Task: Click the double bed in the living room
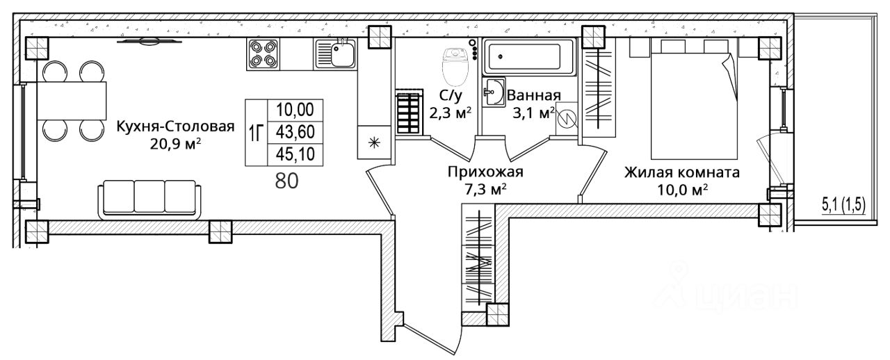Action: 693,101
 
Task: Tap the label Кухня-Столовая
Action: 176,126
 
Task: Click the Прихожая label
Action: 484,172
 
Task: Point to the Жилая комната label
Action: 681,172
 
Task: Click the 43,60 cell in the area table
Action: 295,132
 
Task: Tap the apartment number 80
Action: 286,181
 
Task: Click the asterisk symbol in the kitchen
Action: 373,144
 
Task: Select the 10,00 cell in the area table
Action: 295,110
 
